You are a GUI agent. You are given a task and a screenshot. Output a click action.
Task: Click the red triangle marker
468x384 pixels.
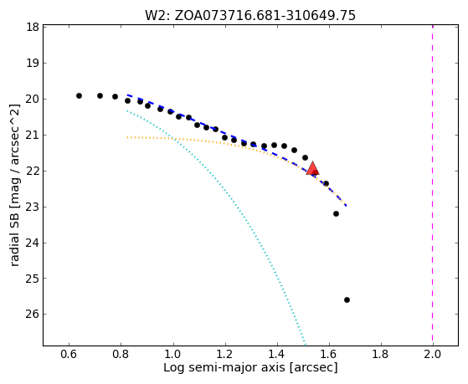point(312,169)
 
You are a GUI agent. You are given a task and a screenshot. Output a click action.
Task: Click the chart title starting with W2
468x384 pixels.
point(250,16)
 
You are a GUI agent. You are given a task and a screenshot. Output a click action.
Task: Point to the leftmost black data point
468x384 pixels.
point(79,95)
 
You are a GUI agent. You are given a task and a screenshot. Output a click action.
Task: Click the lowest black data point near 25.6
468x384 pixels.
point(347,300)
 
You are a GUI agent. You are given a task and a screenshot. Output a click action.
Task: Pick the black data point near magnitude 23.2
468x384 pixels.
point(336,213)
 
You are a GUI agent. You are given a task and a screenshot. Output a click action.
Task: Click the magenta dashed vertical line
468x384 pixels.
point(433,185)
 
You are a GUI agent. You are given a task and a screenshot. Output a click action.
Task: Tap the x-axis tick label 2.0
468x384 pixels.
point(433,354)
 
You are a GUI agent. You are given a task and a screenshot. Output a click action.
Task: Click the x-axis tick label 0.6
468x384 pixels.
point(69,354)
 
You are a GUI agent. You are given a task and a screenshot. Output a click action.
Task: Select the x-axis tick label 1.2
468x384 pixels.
point(224,354)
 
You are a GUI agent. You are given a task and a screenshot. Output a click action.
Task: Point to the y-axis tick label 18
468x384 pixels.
point(33,27)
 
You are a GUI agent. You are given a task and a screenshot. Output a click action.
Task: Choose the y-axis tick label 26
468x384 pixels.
point(33,314)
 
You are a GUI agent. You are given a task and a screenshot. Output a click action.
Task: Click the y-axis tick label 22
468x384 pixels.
point(33,171)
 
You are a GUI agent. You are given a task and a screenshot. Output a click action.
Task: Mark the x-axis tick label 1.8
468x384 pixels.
point(381,354)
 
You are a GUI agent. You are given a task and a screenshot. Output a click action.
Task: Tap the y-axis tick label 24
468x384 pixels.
point(33,243)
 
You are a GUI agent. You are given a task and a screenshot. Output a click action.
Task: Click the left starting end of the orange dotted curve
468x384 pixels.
point(127,137)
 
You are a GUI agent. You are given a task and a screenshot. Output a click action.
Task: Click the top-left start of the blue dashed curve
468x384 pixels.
point(128,95)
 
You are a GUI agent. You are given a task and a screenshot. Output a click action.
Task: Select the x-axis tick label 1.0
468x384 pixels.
point(172,354)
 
